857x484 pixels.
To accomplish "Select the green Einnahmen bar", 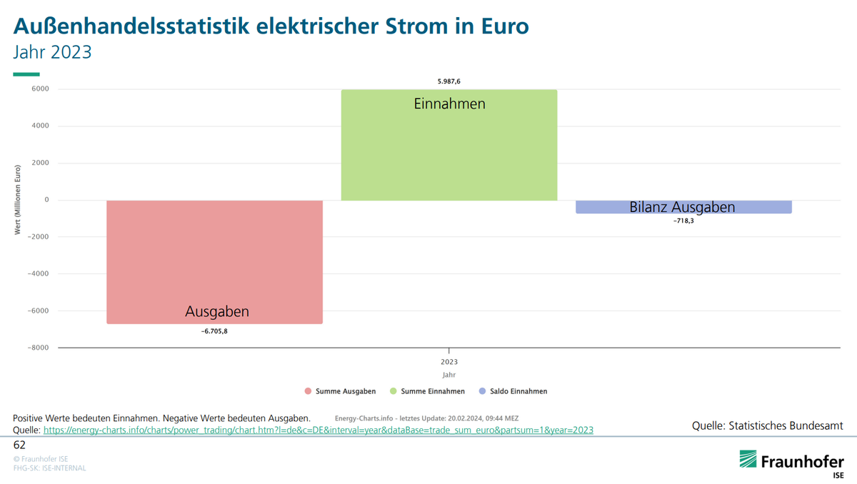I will (x=448, y=150).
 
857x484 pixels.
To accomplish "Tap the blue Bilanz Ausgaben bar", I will (x=683, y=207).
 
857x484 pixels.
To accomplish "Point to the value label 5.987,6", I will (x=448, y=81).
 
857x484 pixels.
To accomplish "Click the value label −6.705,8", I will (x=214, y=331).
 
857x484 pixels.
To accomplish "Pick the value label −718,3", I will (x=683, y=221).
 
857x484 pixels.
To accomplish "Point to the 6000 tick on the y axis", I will (x=40, y=89).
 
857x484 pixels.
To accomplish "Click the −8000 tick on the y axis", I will (x=38, y=348).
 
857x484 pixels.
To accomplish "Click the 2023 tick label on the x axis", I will (x=448, y=361).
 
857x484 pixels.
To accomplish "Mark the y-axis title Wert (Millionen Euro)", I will (x=17, y=200).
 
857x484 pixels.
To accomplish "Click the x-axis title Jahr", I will (x=448, y=374).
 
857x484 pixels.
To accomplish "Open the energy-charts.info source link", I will (x=318, y=430).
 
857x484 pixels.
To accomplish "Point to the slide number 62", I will (x=19, y=445).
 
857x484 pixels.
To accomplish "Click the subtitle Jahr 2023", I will (x=52, y=52).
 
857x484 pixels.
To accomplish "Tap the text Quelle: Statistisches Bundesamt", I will (x=767, y=425).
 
